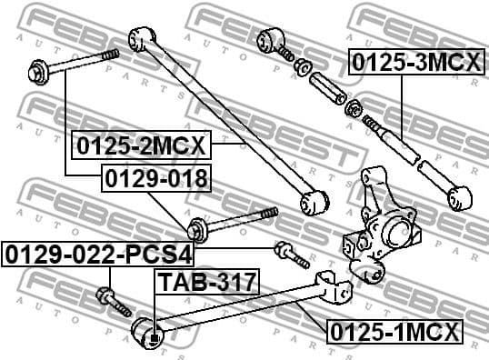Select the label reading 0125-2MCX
141,145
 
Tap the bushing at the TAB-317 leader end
150,333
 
